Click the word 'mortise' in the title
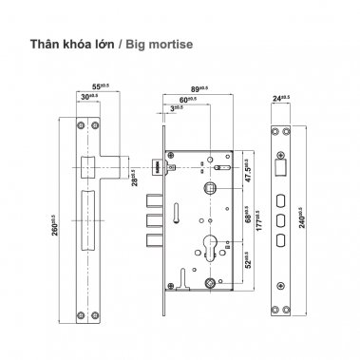[x=172, y=44]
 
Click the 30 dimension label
[x=88, y=98]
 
